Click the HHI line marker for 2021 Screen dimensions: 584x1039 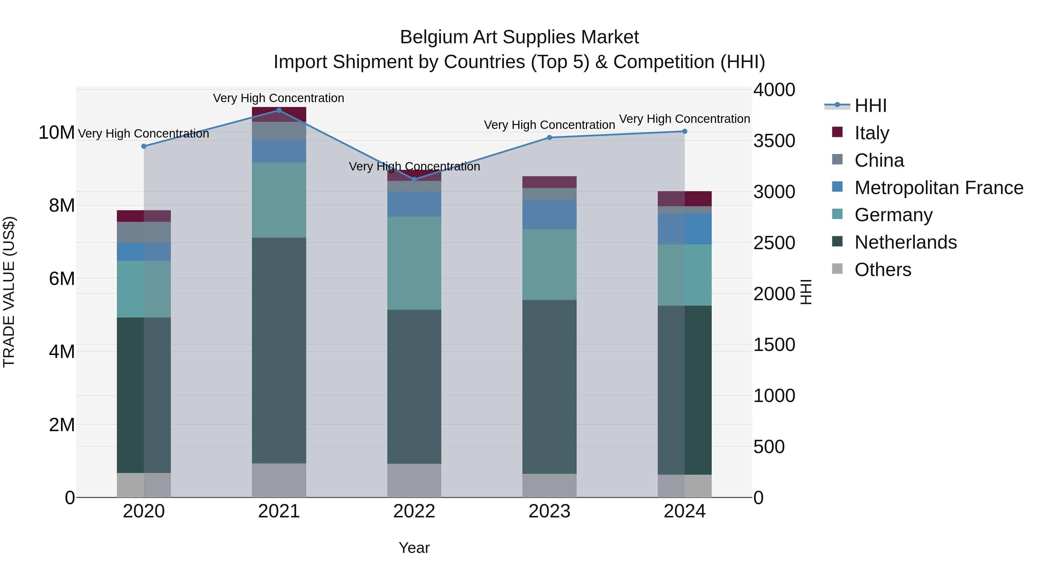click(x=279, y=110)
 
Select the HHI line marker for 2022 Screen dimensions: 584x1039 click(x=414, y=179)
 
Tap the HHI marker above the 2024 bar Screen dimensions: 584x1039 click(x=685, y=132)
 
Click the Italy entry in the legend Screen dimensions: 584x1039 click(x=871, y=133)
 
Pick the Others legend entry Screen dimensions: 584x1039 click(x=883, y=270)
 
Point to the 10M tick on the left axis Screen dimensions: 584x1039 click(x=57, y=133)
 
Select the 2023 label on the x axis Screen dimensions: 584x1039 click(x=549, y=511)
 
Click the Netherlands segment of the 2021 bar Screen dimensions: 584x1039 click(x=279, y=351)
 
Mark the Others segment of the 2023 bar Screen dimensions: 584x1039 click(x=549, y=485)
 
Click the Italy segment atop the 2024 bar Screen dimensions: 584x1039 click(x=685, y=199)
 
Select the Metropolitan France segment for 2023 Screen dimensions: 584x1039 click(x=549, y=215)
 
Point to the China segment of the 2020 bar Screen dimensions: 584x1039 click(x=144, y=232)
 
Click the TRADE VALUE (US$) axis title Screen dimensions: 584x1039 click(x=9, y=292)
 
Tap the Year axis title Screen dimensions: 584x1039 click(x=414, y=548)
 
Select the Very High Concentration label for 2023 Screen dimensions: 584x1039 click(x=549, y=125)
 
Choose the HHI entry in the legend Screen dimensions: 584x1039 click(x=870, y=106)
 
